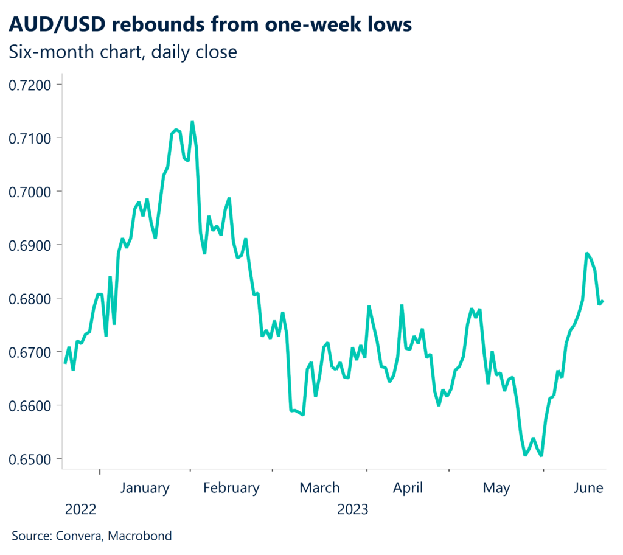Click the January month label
(x=144, y=488)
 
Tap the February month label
(x=231, y=488)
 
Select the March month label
(x=319, y=488)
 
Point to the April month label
(x=408, y=488)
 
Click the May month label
(x=496, y=488)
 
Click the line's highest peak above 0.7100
(x=192, y=122)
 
